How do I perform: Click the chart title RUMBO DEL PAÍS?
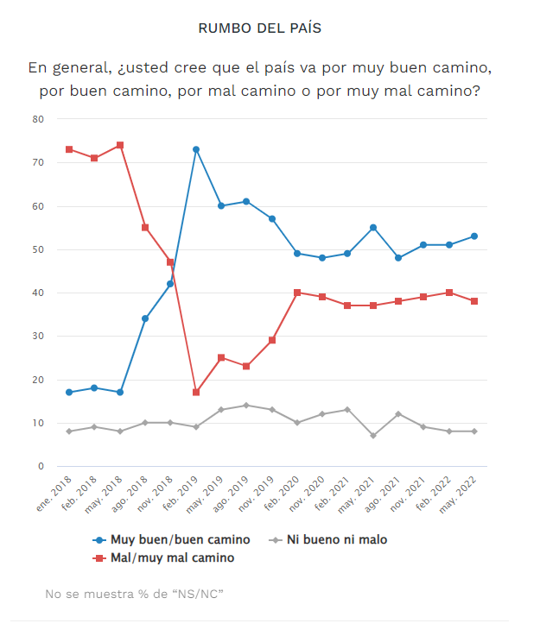pos(259,28)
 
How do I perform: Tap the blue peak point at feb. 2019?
pos(196,149)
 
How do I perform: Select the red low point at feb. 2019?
pos(196,393)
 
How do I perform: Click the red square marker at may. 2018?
pos(120,145)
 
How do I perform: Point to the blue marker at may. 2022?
pos(474,236)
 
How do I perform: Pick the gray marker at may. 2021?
pos(373,436)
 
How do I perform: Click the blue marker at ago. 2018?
pos(145,318)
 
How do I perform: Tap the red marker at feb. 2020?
pos(297,293)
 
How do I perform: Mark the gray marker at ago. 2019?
pos(246,406)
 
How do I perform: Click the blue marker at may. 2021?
pos(373,228)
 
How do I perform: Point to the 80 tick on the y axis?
pos(38,119)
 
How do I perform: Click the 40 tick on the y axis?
pos(38,293)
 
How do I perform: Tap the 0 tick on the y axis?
pos(41,467)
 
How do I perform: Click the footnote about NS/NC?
pos(134,594)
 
